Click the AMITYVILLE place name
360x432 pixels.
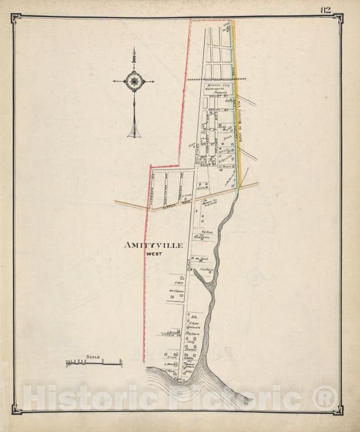click(154, 245)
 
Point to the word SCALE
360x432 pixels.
click(93, 357)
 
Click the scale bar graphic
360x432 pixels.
click(94, 362)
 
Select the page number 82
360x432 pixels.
click(325, 9)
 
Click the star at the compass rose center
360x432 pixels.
click(134, 81)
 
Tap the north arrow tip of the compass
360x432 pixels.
click(134, 49)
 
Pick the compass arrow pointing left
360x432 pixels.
click(116, 81)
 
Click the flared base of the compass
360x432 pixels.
click(134, 133)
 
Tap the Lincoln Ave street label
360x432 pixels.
click(171, 335)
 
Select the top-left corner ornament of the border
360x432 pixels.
click(16, 18)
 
